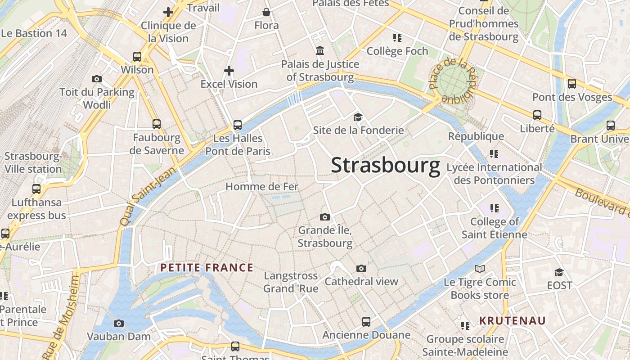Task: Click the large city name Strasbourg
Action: click(x=386, y=166)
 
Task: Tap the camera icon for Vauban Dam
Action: click(x=119, y=323)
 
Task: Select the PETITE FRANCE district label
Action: click(x=207, y=268)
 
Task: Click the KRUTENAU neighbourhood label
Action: click(x=512, y=321)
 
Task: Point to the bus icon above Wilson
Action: click(x=137, y=57)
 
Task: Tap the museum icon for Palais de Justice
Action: click(x=320, y=50)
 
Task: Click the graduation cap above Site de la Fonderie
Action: click(x=358, y=117)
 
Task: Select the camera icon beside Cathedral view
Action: click(x=361, y=269)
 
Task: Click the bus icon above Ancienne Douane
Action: click(x=366, y=322)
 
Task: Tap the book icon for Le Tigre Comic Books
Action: click(x=480, y=269)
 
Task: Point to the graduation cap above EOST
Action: click(x=559, y=272)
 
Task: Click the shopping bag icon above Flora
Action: click(x=266, y=12)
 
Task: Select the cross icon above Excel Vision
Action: click(x=229, y=71)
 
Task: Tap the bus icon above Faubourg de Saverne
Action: click(x=157, y=124)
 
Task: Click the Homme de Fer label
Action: click(x=261, y=186)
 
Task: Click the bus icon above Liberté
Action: click(x=537, y=115)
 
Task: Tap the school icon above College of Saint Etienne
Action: click(x=494, y=208)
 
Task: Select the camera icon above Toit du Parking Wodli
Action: click(x=96, y=79)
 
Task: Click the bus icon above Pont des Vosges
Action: click(x=572, y=84)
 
